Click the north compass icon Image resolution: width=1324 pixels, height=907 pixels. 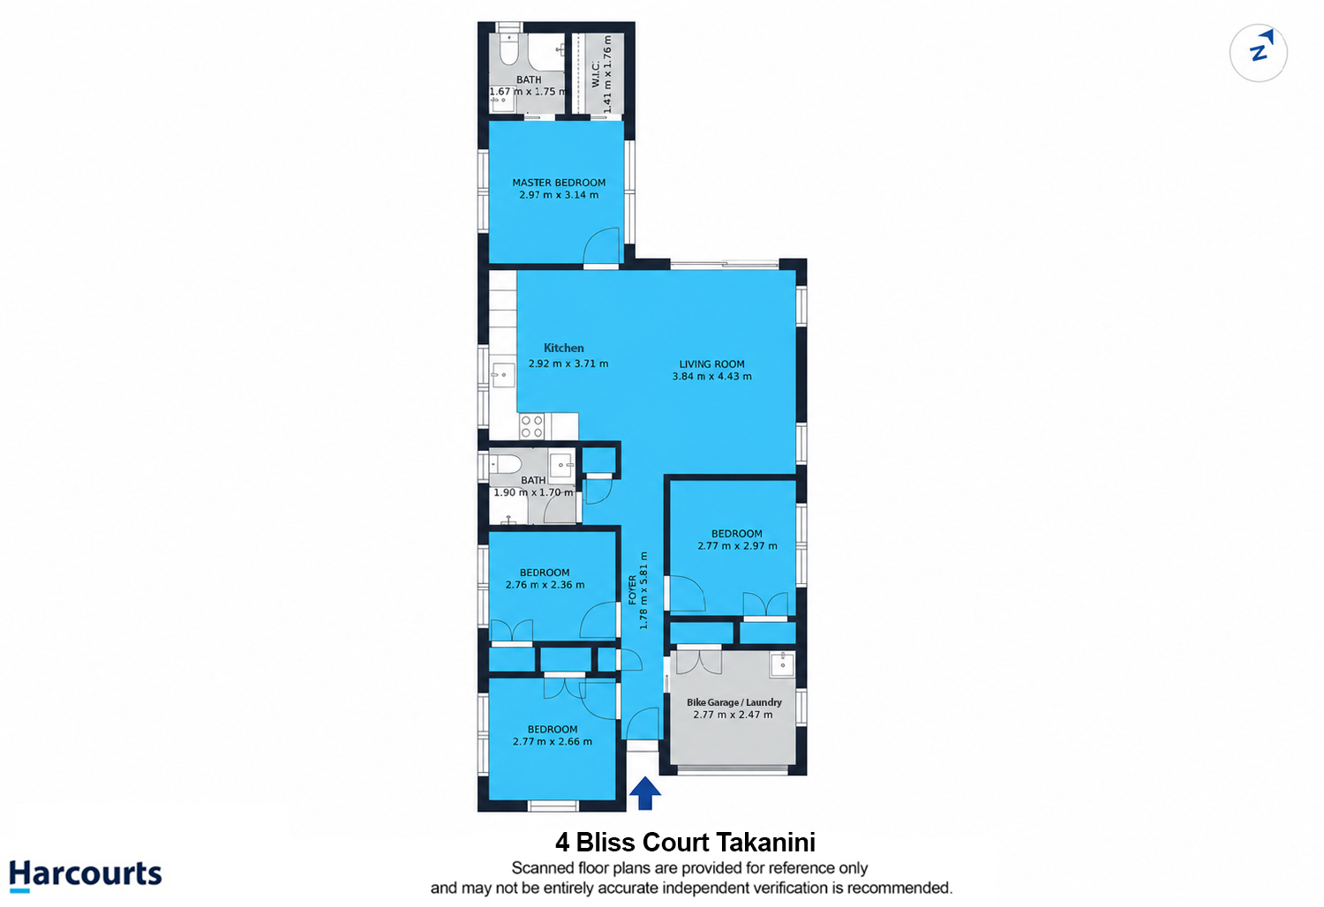point(1258,53)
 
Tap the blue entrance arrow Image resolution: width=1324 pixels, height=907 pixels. point(644,793)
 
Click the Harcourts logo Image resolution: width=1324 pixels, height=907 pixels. point(85,875)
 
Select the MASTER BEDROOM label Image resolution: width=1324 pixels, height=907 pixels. point(559,183)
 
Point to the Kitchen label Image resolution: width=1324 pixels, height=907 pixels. point(564,348)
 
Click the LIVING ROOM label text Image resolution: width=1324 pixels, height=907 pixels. point(711,364)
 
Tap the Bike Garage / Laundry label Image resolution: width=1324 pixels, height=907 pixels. point(734,702)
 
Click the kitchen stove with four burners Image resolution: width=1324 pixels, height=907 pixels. point(531,426)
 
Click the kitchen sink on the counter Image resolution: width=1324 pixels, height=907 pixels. point(504,375)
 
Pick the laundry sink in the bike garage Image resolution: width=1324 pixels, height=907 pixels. point(783,663)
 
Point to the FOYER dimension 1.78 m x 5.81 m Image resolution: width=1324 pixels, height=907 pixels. point(643,590)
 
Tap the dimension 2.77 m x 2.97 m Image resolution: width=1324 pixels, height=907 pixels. point(737,546)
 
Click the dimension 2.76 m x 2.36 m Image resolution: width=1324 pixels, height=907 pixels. point(545,585)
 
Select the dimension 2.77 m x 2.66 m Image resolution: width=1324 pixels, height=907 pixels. point(552,741)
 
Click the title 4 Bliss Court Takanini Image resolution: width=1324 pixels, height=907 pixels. point(685,843)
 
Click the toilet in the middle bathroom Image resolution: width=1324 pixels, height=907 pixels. point(506,464)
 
